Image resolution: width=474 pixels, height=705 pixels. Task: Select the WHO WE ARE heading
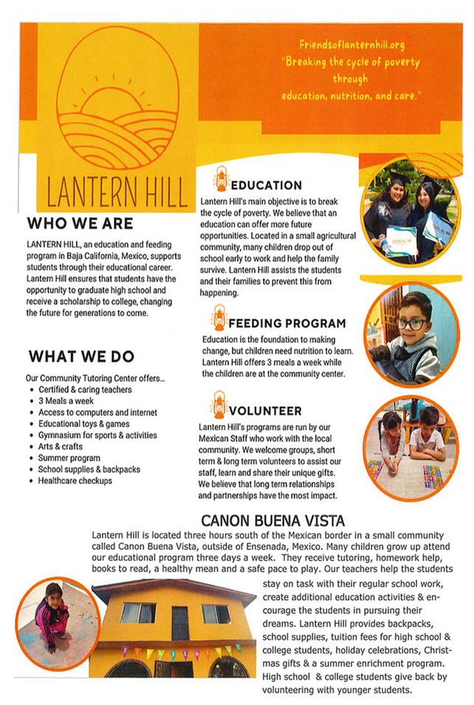pyautogui.click(x=80, y=223)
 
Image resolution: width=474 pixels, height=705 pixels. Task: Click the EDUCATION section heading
pyautogui.click(x=267, y=185)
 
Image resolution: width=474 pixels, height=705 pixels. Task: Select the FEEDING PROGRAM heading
pyautogui.click(x=286, y=324)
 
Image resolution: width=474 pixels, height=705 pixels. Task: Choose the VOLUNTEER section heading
pyautogui.click(x=265, y=410)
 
